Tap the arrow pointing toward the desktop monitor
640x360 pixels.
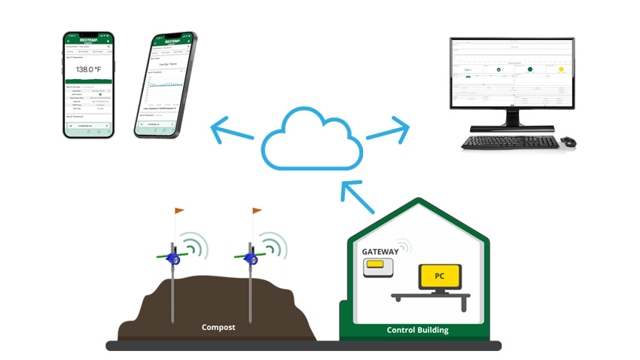pyautogui.click(x=390, y=130)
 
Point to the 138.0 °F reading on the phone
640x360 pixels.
pyautogui.click(x=89, y=69)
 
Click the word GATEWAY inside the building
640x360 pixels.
pyautogui.click(x=379, y=250)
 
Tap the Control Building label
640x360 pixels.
pyautogui.click(x=416, y=330)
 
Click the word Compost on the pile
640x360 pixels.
pyautogui.click(x=218, y=328)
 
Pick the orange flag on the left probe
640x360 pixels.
pyautogui.click(x=179, y=210)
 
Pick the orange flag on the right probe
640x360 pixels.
pyautogui.click(x=258, y=210)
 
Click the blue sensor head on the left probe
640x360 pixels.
pyautogui.click(x=175, y=260)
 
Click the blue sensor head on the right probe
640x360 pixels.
pyautogui.click(x=254, y=260)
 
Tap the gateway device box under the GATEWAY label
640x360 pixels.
pyautogui.click(x=379, y=267)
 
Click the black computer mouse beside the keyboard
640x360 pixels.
pyautogui.click(x=568, y=141)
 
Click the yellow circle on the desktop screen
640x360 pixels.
pyautogui.click(x=560, y=70)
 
